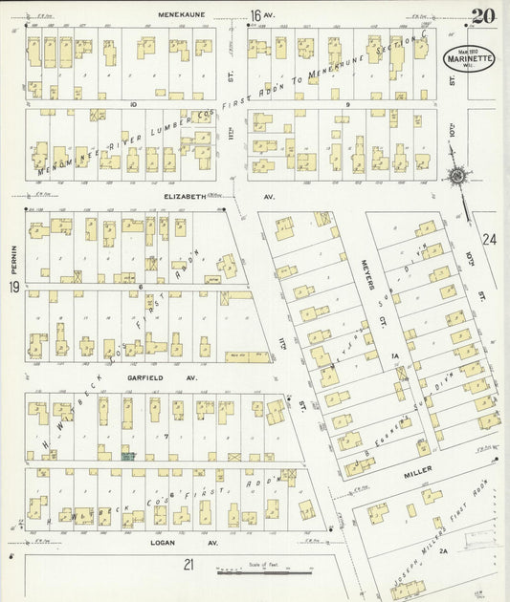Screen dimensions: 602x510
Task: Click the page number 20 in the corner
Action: point(483,14)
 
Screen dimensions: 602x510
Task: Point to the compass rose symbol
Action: point(457,176)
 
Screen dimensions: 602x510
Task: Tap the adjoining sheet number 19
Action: point(14,287)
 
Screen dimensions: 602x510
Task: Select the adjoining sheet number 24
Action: point(491,239)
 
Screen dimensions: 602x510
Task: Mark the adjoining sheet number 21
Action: point(188,564)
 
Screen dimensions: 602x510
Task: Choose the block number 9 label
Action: point(348,102)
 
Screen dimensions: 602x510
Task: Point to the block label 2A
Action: point(443,551)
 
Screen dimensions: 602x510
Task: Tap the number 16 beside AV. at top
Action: point(255,14)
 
